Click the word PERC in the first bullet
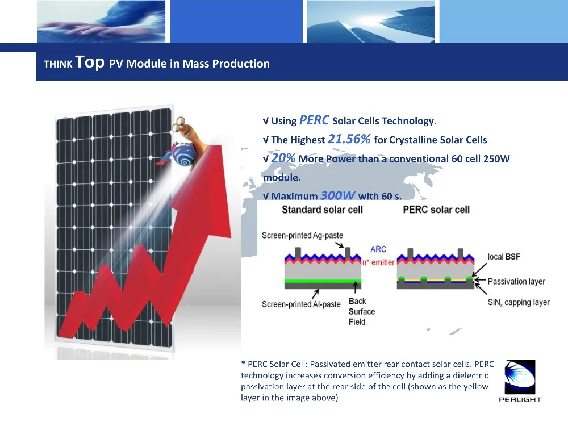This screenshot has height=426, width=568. point(314,120)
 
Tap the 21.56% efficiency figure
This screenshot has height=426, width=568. point(349,139)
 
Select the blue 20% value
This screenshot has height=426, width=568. point(283,158)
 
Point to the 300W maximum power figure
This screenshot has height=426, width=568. point(337,195)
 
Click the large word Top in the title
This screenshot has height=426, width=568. point(90,62)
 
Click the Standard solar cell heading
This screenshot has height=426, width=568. point(322,210)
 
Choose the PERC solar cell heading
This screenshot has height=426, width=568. point(436,210)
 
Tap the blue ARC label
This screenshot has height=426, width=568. point(378,249)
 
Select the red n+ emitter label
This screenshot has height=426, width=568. point(378,262)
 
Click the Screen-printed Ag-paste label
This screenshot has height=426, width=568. point(302,236)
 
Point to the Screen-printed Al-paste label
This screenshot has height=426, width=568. point(301,304)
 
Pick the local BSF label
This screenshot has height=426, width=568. point(503,257)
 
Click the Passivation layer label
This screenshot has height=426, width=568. point(516,282)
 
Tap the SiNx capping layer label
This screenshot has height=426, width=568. point(519,303)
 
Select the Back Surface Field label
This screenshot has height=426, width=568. point(361,311)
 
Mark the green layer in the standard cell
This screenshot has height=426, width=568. point(323,281)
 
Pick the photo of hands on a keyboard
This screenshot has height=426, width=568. point(101,22)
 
